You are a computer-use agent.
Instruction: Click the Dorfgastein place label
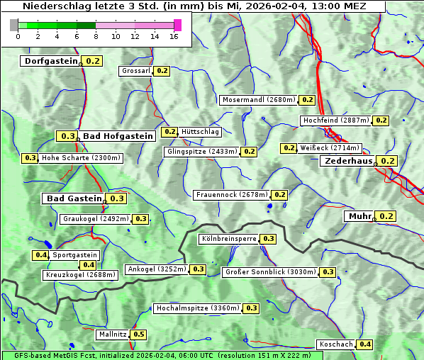[50, 61]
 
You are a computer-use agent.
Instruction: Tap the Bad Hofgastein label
[117, 136]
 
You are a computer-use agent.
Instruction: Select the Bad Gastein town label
[74, 198]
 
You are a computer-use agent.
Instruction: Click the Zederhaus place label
[348, 161]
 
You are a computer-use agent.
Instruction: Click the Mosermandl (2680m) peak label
[259, 100]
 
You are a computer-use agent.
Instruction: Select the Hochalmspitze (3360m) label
[198, 308]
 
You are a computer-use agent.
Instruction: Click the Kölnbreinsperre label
[228, 239]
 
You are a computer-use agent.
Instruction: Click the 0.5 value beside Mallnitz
[138, 334]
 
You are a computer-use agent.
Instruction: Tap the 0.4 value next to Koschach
[364, 344]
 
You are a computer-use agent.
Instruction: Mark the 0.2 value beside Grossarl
[162, 71]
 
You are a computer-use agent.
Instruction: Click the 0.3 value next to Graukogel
[141, 219]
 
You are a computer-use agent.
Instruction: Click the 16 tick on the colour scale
[174, 36]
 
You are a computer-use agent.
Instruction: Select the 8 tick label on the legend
[96, 36]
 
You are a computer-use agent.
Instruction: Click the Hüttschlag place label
[200, 132]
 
